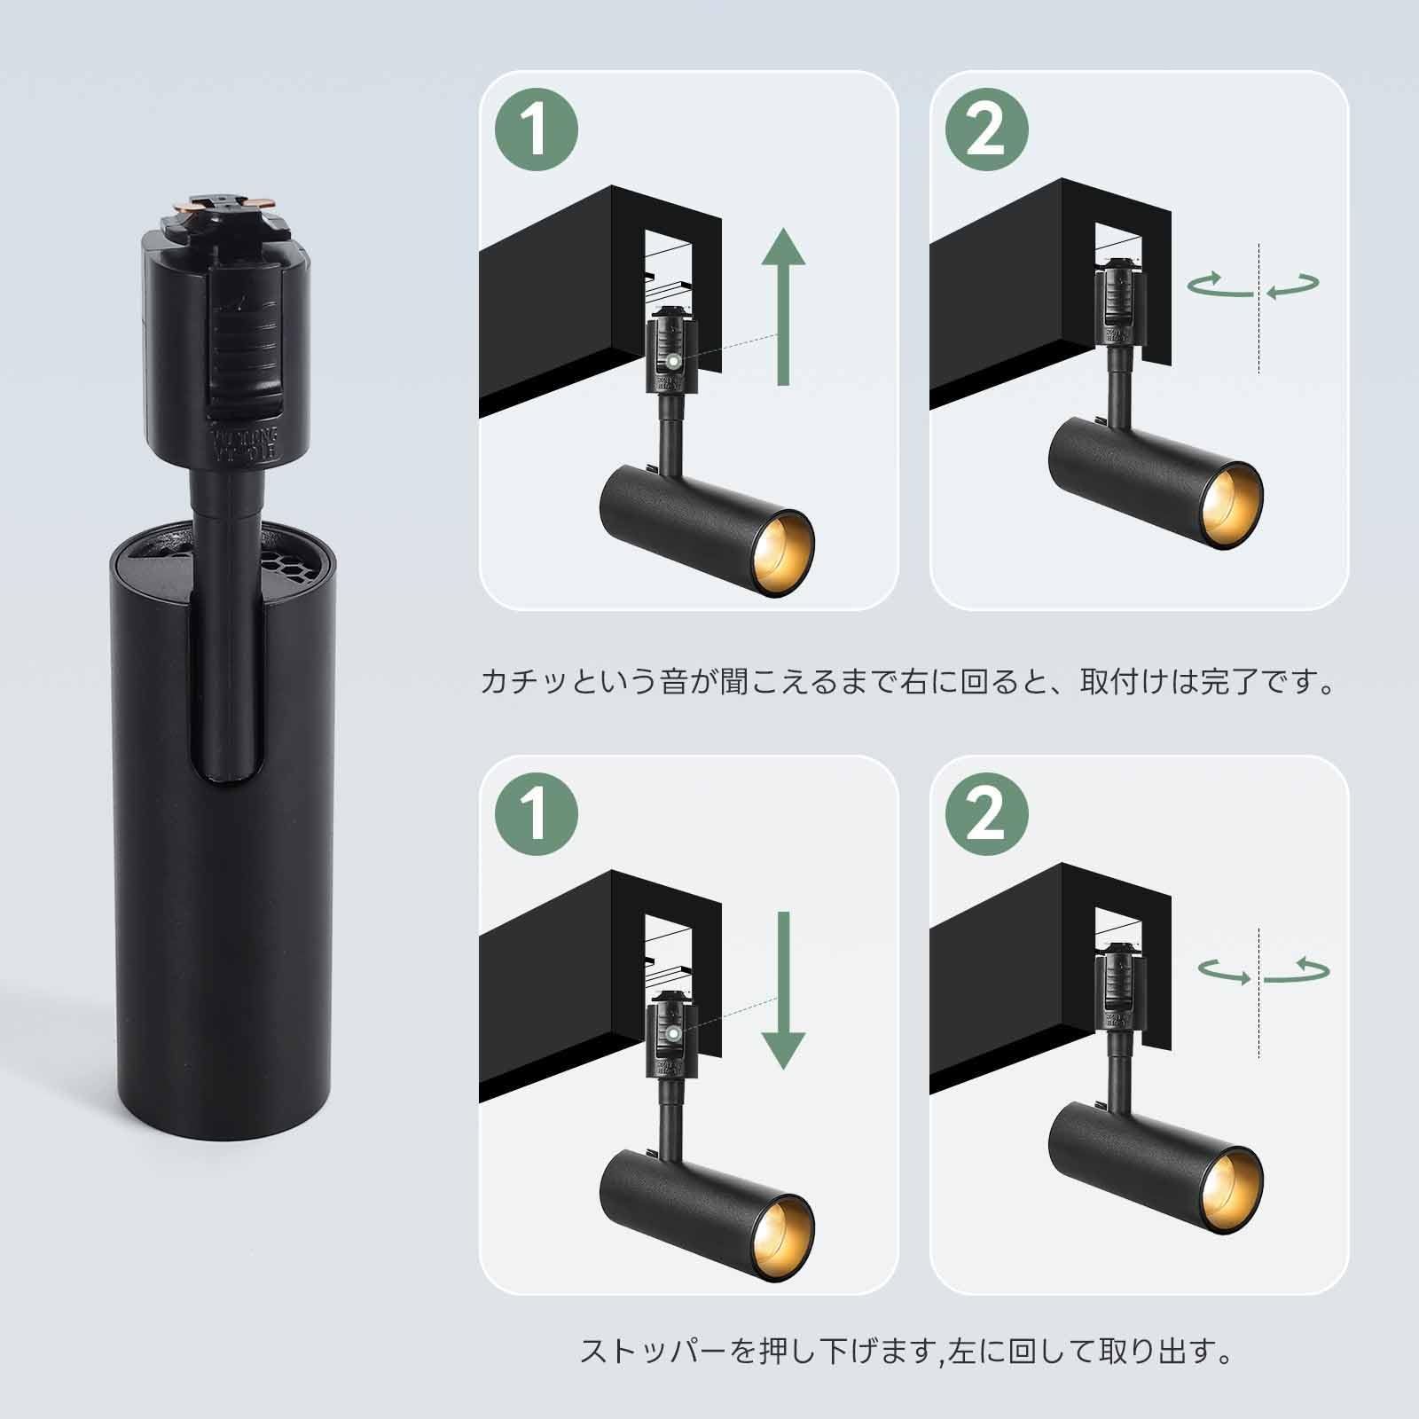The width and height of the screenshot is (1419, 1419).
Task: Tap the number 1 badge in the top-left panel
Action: click(536, 130)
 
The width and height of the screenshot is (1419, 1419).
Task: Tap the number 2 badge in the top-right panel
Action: click(985, 130)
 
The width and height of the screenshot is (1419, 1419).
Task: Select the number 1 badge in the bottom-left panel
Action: click(536, 814)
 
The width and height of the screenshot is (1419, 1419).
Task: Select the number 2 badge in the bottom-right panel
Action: click(985, 814)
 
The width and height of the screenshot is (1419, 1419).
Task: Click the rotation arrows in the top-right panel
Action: click(1254, 284)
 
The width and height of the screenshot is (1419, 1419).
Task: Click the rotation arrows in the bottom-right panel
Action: click(1263, 970)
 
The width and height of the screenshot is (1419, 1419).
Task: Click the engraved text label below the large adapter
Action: click(232, 443)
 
